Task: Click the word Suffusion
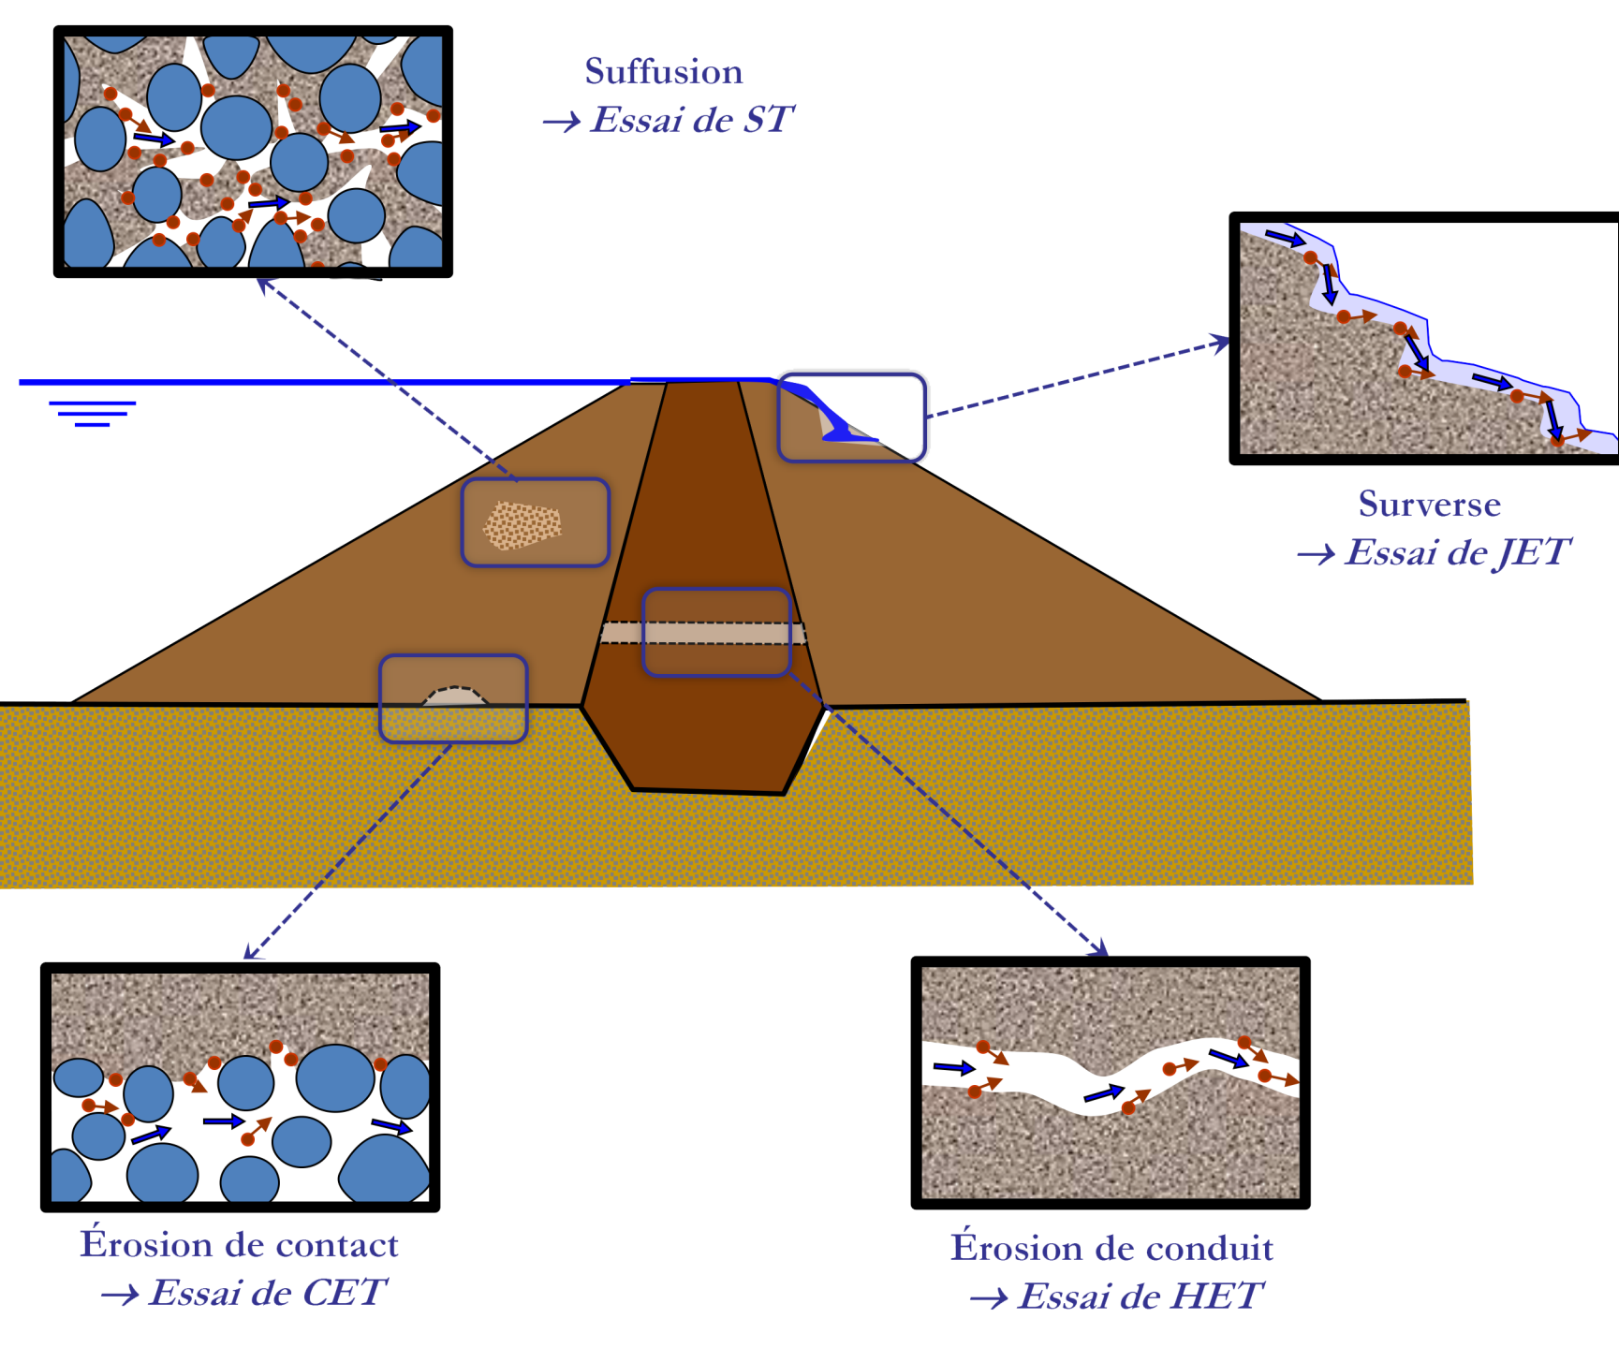[663, 72]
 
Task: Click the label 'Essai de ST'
[693, 120]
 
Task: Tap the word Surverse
[1429, 504]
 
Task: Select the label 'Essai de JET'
[1456, 553]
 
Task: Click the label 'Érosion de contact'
[240, 1244]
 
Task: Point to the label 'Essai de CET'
[266, 1293]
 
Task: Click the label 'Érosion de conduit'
[1111, 1248]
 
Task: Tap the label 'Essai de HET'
[1141, 1297]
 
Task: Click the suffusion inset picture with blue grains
[253, 152]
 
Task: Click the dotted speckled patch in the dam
[522, 525]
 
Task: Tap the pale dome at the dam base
[455, 696]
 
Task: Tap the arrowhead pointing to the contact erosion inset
[251, 953]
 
